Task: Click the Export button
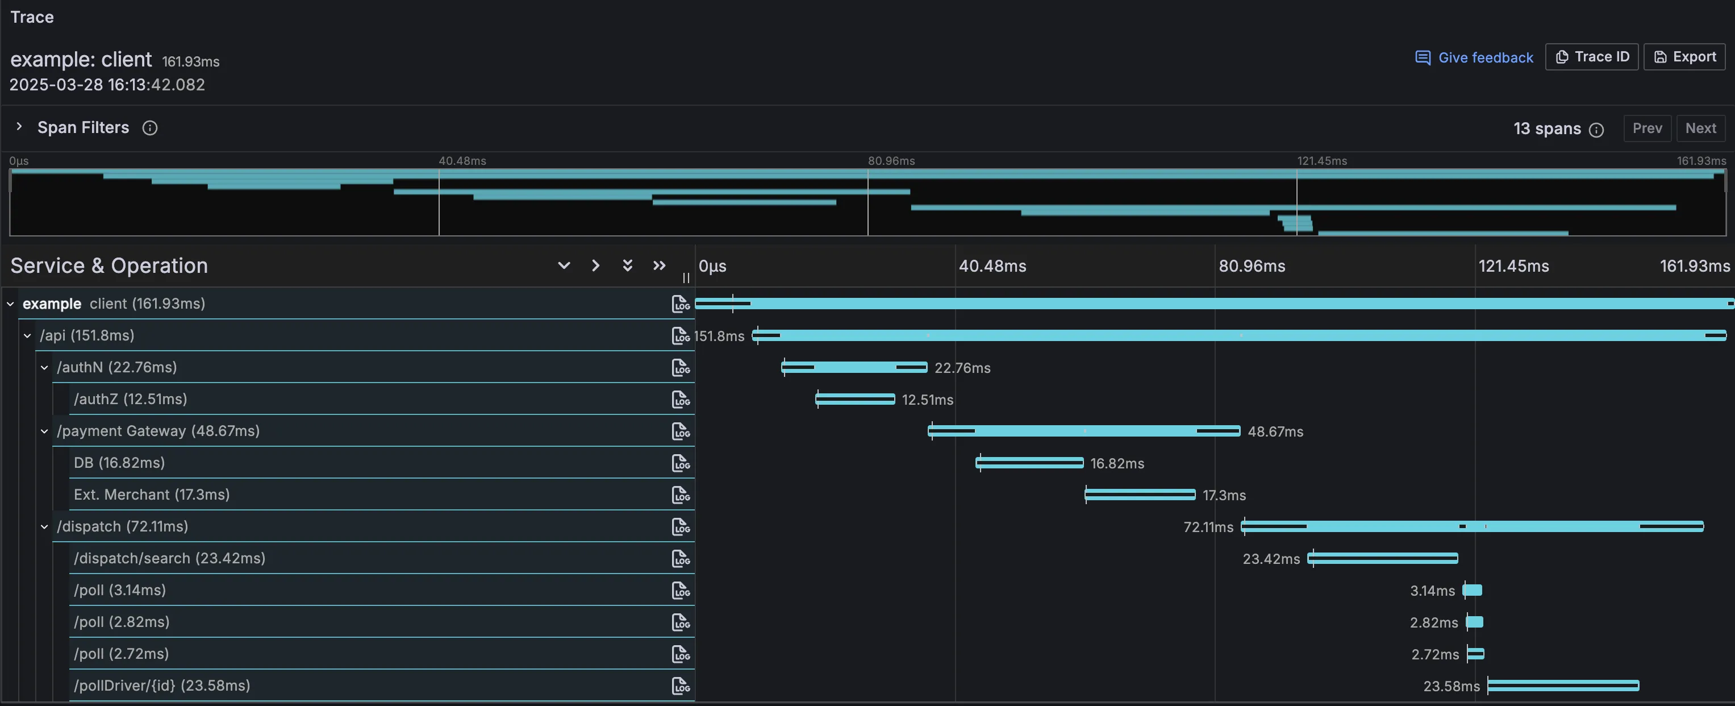(1684, 57)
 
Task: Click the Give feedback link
(1474, 57)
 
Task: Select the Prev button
(1647, 128)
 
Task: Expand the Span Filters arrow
(19, 127)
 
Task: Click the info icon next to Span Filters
(149, 128)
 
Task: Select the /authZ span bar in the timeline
(854, 400)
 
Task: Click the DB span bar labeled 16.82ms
(1029, 463)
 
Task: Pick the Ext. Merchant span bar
(1140, 495)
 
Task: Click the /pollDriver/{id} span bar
(1562, 686)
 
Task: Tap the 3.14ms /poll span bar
(1473, 590)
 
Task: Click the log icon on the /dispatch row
(680, 527)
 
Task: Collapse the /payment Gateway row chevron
(44, 431)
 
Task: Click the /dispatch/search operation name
(169, 558)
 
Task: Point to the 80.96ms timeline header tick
(1252, 266)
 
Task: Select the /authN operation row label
(116, 367)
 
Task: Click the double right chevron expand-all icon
(658, 265)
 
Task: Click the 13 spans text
(1546, 128)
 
